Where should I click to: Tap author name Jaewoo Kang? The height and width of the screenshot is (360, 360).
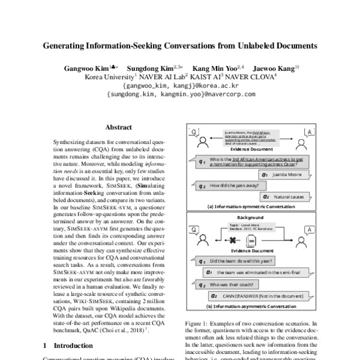tap(271, 68)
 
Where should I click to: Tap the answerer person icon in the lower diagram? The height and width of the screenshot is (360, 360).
tap(308, 230)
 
